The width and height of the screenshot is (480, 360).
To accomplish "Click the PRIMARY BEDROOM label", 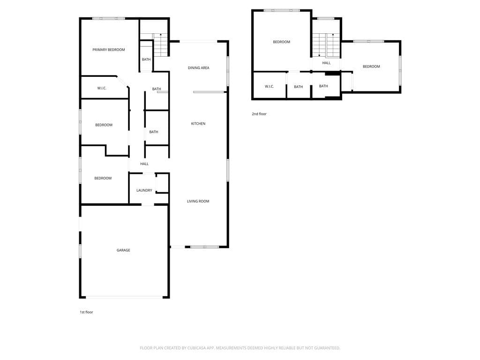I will [x=108, y=50].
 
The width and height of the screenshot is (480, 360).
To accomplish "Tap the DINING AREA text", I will [x=198, y=68].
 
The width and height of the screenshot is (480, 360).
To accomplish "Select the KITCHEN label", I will [x=198, y=124].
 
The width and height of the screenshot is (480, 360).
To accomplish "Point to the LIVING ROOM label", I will [x=198, y=202].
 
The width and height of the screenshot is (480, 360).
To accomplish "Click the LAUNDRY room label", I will [x=144, y=190].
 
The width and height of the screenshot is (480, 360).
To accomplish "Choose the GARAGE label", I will [x=123, y=250].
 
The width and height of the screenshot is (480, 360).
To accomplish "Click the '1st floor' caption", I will [x=86, y=312].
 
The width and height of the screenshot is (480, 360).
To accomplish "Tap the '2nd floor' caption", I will [x=259, y=114].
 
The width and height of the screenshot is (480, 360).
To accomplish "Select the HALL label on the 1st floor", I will [x=144, y=164].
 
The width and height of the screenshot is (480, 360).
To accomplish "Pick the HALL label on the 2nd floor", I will [x=326, y=63].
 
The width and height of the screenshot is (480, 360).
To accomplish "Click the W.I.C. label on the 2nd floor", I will [x=269, y=87].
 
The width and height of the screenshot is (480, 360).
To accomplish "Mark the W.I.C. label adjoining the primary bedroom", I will [x=102, y=88].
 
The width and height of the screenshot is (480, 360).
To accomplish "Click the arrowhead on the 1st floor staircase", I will [x=160, y=35].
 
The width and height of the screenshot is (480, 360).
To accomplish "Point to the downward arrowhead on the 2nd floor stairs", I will [x=319, y=55].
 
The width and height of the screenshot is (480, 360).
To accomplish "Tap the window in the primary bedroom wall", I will [x=108, y=18].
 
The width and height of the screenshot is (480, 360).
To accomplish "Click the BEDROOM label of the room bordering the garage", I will [x=103, y=178].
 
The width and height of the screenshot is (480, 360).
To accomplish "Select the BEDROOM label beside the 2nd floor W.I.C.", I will [x=281, y=42].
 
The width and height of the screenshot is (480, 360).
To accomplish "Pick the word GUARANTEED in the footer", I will [x=327, y=348].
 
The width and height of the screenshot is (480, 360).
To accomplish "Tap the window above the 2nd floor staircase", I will [x=326, y=18].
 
